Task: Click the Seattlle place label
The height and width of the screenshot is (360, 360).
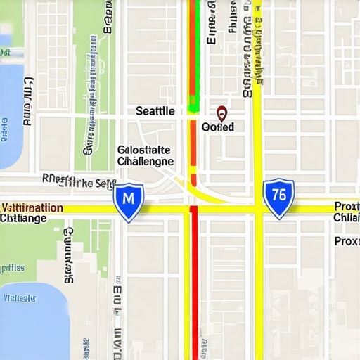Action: (155, 111)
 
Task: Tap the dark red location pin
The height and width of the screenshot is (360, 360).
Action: (221, 113)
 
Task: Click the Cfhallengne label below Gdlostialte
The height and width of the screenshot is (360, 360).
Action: (145, 161)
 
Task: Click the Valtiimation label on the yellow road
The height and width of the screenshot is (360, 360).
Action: (32, 208)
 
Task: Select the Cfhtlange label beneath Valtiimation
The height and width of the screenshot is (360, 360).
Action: (24, 219)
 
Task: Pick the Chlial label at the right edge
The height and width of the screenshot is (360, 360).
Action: (347, 217)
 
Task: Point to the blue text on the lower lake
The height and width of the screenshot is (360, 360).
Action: (20, 297)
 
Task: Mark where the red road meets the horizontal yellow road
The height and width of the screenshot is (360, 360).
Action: (193, 208)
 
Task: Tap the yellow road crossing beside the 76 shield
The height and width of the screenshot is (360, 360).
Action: (257, 208)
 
